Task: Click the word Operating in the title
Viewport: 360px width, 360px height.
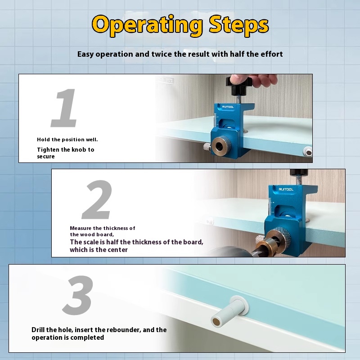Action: tap(147, 26)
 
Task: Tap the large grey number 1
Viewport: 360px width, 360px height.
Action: tap(64, 108)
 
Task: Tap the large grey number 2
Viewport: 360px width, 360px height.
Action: tap(97, 199)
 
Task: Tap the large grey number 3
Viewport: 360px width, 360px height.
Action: tap(78, 295)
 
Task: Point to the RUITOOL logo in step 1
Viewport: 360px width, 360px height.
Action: tap(228, 107)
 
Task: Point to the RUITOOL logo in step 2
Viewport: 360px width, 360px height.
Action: tap(286, 189)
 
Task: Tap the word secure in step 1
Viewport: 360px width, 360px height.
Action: tap(46, 157)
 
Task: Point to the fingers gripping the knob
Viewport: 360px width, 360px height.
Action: tap(252, 80)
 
